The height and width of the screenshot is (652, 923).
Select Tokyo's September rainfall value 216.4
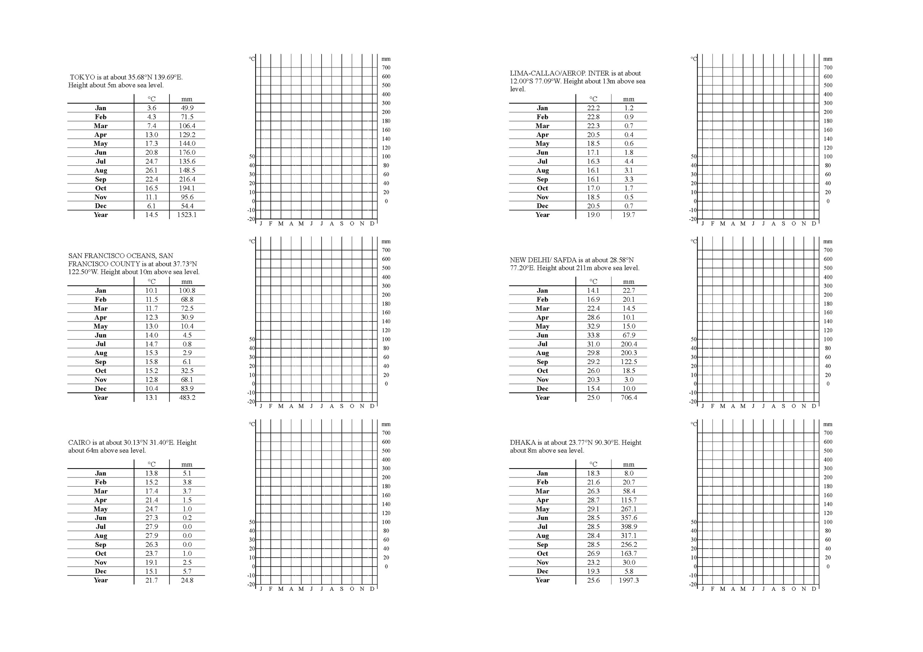tap(187, 179)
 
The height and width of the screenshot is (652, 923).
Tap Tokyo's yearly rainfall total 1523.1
tap(187, 215)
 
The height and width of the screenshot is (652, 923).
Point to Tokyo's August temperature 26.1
tap(151, 170)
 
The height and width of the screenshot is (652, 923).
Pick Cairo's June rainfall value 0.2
tap(187, 518)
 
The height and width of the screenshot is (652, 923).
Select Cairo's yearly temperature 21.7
tap(151, 580)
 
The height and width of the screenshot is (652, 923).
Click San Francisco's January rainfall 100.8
tap(187, 290)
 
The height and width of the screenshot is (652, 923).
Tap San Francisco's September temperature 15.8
tap(151, 362)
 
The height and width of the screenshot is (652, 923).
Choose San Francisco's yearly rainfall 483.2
tap(187, 398)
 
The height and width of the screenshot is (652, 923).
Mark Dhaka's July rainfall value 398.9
tap(629, 527)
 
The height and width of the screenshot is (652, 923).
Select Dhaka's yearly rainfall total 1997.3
tap(629, 580)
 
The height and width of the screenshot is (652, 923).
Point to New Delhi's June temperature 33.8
tap(593, 335)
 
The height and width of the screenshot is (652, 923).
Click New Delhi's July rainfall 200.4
tap(629, 344)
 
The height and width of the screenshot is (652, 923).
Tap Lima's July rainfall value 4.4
tap(629, 161)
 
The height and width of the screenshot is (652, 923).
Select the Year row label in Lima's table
tap(542, 215)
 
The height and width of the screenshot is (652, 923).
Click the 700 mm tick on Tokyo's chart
tap(386, 67)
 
